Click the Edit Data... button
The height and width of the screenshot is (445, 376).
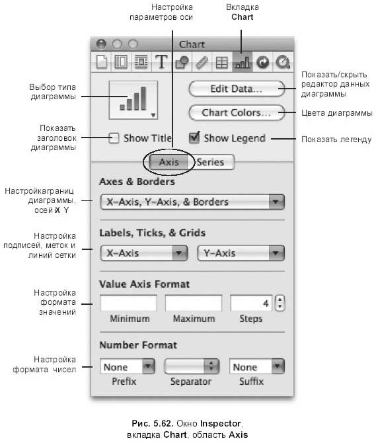pos(237,89)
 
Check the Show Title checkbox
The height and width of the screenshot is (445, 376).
pos(114,138)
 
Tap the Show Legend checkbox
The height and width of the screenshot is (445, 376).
pos(194,138)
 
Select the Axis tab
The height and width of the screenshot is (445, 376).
pos(169,162)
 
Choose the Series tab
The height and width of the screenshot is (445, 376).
pos(211,162)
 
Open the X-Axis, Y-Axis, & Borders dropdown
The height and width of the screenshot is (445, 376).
pos(192,202)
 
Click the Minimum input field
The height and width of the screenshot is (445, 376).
pos(128,303)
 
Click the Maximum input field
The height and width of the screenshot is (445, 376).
pos(194,303)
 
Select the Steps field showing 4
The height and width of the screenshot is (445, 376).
pos(251,303)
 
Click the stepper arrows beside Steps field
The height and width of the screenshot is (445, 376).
pos(280,303)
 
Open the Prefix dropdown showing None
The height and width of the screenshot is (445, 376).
pos(128,367)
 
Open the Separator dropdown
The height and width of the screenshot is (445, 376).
pos(192,366)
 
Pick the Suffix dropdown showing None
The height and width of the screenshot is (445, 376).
pos(257,367)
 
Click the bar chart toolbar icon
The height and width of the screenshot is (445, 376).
pos(243,62)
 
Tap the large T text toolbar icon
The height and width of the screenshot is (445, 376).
pos(161,61)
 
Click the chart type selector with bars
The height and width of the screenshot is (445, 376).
pos(133,100)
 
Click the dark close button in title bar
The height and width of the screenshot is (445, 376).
pos(101,44)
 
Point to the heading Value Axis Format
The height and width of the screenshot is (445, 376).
pos(144,284)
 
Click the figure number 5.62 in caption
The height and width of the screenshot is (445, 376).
pos(163,423)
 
